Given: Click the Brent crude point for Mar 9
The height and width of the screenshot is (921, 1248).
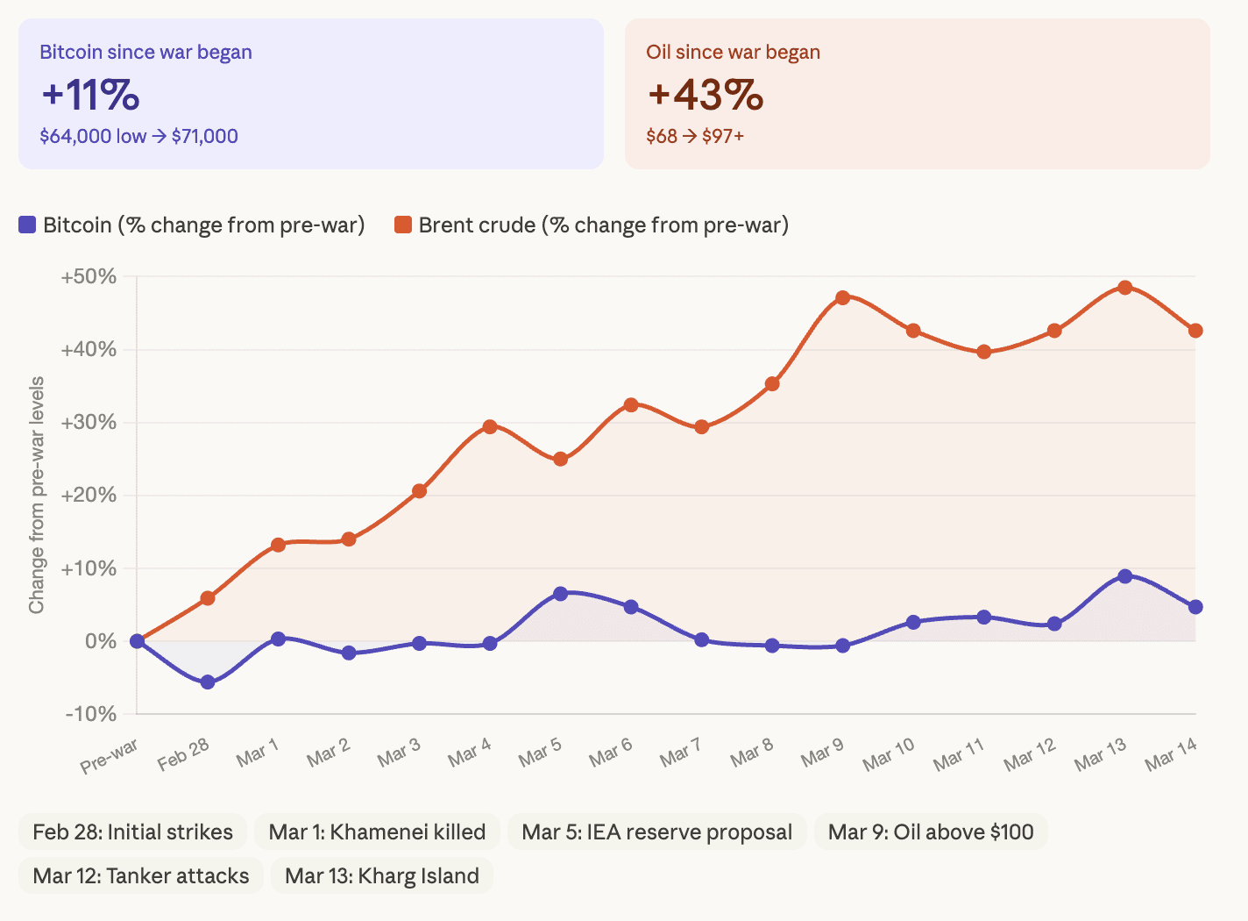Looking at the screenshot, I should [x=842, y=298].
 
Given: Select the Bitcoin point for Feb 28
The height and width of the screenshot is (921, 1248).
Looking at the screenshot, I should [x=208, y=682].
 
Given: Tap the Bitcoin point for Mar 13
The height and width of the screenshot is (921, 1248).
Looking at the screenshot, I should [x=1125, y=576].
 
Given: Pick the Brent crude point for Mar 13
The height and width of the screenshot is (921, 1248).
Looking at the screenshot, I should [x=1125, y=288].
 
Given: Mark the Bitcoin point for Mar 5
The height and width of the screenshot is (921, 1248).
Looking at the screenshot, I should [x=561, y=594].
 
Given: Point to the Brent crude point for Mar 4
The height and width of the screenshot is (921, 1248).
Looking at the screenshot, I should [x=490, y=427].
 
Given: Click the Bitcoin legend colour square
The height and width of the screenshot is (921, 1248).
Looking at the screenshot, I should [x=27, y=225].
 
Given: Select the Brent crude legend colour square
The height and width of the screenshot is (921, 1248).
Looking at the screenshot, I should [x=403, y=225].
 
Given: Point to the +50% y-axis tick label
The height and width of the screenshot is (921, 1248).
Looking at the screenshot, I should [x=89, y=277].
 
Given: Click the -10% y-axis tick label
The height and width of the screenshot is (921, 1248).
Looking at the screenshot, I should [x=91, y=714].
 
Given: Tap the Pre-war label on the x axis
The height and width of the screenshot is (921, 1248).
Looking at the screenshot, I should [x=110, y=756].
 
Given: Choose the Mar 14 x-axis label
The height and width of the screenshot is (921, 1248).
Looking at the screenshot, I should [x=1171, y=754].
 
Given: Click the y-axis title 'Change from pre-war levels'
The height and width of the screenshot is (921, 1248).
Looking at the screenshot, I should [x=36, y=496].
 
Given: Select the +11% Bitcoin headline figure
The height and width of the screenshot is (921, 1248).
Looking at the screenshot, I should [x=90, y=95].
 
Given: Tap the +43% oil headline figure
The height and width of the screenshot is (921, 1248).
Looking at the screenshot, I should [x=705, y=95].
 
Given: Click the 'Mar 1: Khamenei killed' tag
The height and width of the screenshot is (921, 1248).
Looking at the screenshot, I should [x=377, y=832].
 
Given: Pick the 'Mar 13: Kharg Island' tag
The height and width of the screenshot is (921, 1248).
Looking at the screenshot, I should [x=382, y=875].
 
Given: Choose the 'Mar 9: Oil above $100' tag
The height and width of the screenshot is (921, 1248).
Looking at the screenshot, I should [x=931, y=832].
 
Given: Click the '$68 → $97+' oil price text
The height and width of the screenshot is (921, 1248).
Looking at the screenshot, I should [x=695, y=136].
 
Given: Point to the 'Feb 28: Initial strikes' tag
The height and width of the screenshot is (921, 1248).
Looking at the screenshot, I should [x=133, y=832].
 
